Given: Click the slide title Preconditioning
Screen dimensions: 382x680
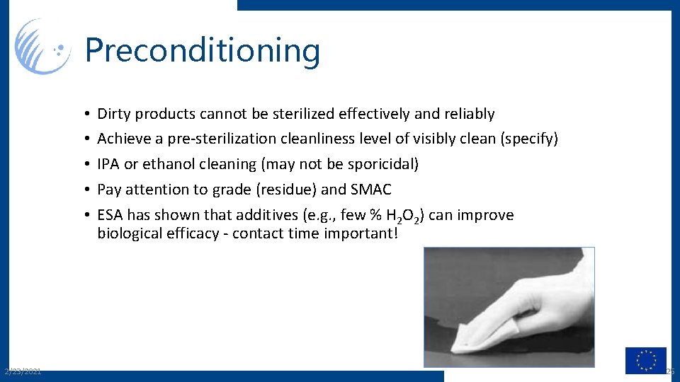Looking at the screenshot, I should click(x=203, y=51).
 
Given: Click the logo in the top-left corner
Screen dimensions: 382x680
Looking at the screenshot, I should click(x=42, y=47).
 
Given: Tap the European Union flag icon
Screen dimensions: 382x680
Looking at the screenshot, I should click(x=645, y=360).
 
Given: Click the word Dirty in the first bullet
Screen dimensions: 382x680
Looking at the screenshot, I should click(x=114, y=114).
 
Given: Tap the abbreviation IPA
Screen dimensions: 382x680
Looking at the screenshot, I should click(x=108, y=164).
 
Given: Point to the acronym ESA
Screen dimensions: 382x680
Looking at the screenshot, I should click(x=110, y=215).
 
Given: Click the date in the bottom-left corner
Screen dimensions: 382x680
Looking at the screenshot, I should click(x=22, y=371).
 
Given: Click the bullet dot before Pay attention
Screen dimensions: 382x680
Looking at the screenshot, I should click(x=84, y=190).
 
